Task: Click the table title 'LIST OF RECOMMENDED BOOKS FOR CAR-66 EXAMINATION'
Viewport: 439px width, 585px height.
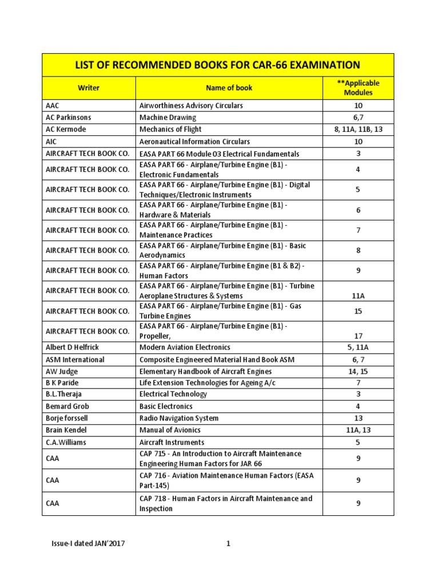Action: pyautogui.click(x=217, y=65)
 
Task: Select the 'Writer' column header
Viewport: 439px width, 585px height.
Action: pyautogui.click(x=89, y=88)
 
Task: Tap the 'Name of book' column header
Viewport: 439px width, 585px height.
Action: pyautogui.click(x=229, y=88)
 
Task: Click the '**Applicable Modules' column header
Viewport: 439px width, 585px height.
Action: pyautogui.click(x=358, y=88)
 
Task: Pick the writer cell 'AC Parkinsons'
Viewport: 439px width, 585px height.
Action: pyautogui.click(x=68, y=117)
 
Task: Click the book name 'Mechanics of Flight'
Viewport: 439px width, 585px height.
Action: pyautogui.click(x=170, y=129)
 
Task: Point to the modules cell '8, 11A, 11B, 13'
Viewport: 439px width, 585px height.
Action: pyautogui.click(x=358, y=129)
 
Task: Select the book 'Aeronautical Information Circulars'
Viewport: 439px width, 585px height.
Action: pyautogui.click(x=194, y=141)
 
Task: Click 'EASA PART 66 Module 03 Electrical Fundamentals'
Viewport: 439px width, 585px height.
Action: pyautogui.click(x=219, y=154)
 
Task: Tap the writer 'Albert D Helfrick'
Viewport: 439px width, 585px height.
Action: pyautogui.click(x=74, y=347)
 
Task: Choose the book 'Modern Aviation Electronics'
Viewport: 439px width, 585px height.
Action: pyautogui.click(x=185, y=347)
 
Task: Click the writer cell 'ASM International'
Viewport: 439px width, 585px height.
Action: pyautogui.click(x=75, y=359)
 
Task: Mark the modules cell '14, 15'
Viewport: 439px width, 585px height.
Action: pyautogui.click(x=358, y=371)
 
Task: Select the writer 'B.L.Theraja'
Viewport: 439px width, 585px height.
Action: pyautogui.click(x=66, y=394)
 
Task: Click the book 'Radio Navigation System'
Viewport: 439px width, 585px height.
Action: pyautogui.click(x=179, y=418)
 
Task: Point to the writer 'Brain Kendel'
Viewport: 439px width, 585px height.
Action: pyautogui.click(x=67, y=430)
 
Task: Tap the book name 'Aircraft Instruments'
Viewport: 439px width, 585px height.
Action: pyautogui.click(x=171, y=442)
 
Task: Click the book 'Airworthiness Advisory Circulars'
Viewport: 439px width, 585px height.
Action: pyautogui.click(x=191, y=106)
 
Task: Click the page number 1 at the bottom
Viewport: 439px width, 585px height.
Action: pyautogui.click(x=228, y=543)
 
